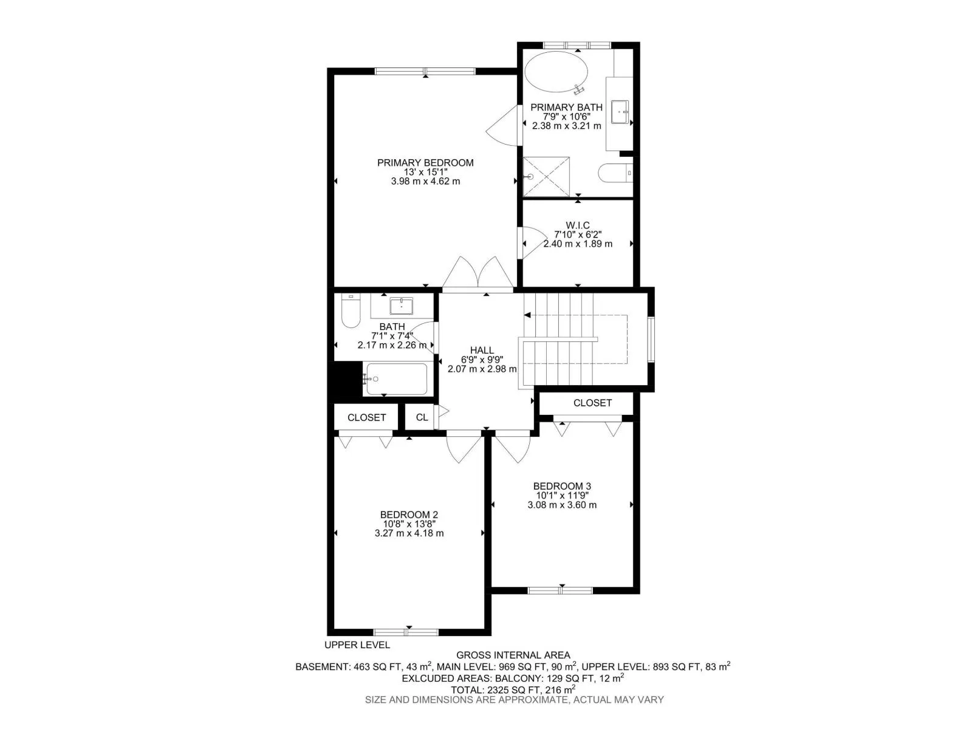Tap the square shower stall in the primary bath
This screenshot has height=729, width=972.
546,176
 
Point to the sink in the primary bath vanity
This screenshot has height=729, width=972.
620,112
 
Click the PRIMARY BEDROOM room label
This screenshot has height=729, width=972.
425,163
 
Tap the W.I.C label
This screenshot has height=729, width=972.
578,225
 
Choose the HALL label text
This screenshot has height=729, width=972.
482,351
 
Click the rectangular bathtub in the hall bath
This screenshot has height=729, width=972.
395,379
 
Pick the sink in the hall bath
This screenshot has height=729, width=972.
401,306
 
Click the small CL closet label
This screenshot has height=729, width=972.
422,417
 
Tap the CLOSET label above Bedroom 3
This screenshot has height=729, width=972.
592,403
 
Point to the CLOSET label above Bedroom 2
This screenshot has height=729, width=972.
366,417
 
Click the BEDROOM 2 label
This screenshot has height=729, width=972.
409,515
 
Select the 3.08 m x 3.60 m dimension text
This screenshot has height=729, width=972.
561,505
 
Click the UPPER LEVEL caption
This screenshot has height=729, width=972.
357,645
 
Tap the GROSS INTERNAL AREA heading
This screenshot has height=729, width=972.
513,655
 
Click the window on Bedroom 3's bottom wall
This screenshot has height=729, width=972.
560,590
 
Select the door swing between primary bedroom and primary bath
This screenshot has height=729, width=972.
502,126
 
